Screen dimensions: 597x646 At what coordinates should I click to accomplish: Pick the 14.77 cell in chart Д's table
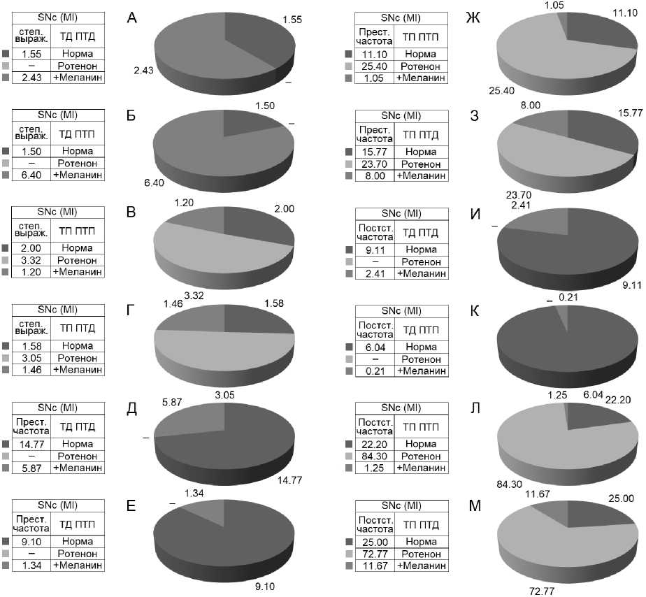point(32,443)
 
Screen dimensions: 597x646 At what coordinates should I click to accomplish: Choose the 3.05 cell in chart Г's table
point(32,358)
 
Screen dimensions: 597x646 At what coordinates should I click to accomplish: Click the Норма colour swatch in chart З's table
point(350,151)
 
